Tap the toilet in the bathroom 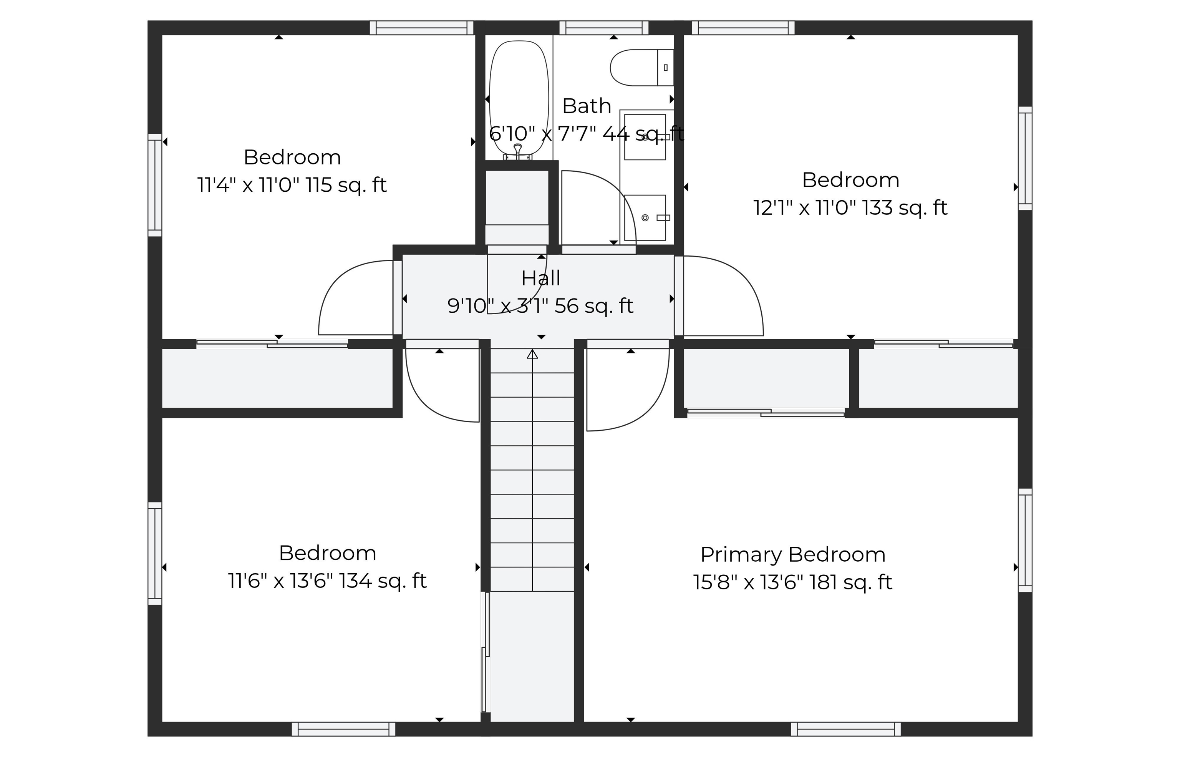641,67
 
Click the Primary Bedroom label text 792,554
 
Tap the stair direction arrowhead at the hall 532,354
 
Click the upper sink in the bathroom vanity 645,137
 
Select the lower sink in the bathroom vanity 645,217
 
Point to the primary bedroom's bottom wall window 845,729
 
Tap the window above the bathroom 603,28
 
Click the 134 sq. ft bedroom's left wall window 155,553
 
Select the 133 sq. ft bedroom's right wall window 1025,158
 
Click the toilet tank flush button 665,67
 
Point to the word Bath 587,106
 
